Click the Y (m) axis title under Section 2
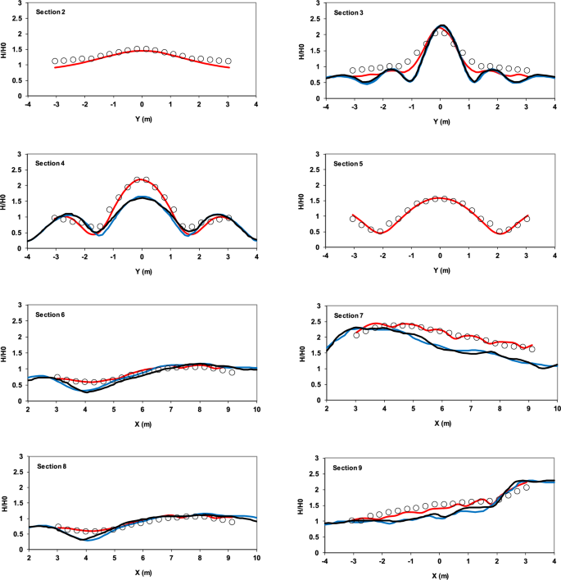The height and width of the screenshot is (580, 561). (142, 118)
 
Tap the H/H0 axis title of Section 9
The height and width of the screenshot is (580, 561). (306, 505)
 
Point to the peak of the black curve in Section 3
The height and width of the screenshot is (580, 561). (441, 26)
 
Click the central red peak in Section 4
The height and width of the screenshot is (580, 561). (142, 179)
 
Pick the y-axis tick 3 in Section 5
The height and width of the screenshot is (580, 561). (317, 156)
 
